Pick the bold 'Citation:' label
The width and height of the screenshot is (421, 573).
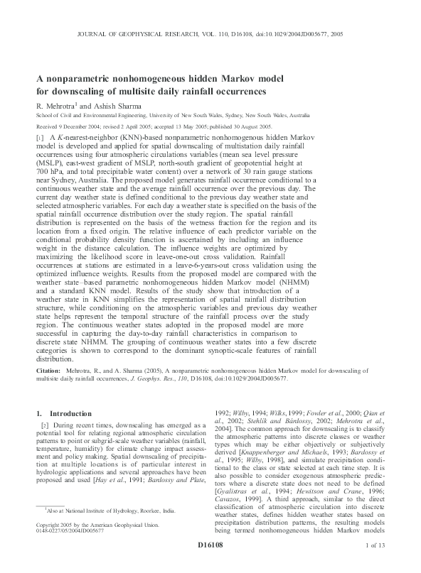[48, 371]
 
